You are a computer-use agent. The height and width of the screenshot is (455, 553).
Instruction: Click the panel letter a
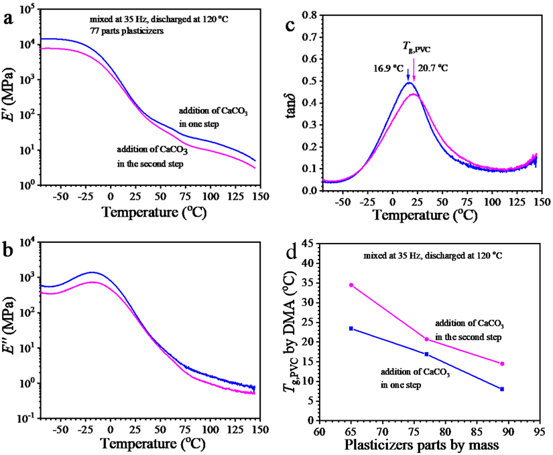tap(9, 19)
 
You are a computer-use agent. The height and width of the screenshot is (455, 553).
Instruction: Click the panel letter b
tap(9, 252)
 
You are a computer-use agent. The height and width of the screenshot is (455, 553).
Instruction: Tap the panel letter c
tap(291, 26)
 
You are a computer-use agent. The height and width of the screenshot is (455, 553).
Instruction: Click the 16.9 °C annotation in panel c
tap(388, 68)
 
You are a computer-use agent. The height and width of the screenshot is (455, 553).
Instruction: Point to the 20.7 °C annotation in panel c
tap(432, 68)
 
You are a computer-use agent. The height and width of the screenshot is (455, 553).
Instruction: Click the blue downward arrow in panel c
tap(408, 74)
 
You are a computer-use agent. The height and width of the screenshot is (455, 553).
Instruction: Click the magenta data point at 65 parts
tap(351, 285)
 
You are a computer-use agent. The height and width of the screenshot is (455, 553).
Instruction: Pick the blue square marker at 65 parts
tap(351, 329)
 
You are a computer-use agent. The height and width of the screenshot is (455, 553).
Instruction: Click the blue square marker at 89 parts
tap(502, 389)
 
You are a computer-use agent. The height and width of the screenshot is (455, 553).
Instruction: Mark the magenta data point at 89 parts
tap(502, 364)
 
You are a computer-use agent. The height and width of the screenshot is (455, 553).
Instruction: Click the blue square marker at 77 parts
tap(426, 354)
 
